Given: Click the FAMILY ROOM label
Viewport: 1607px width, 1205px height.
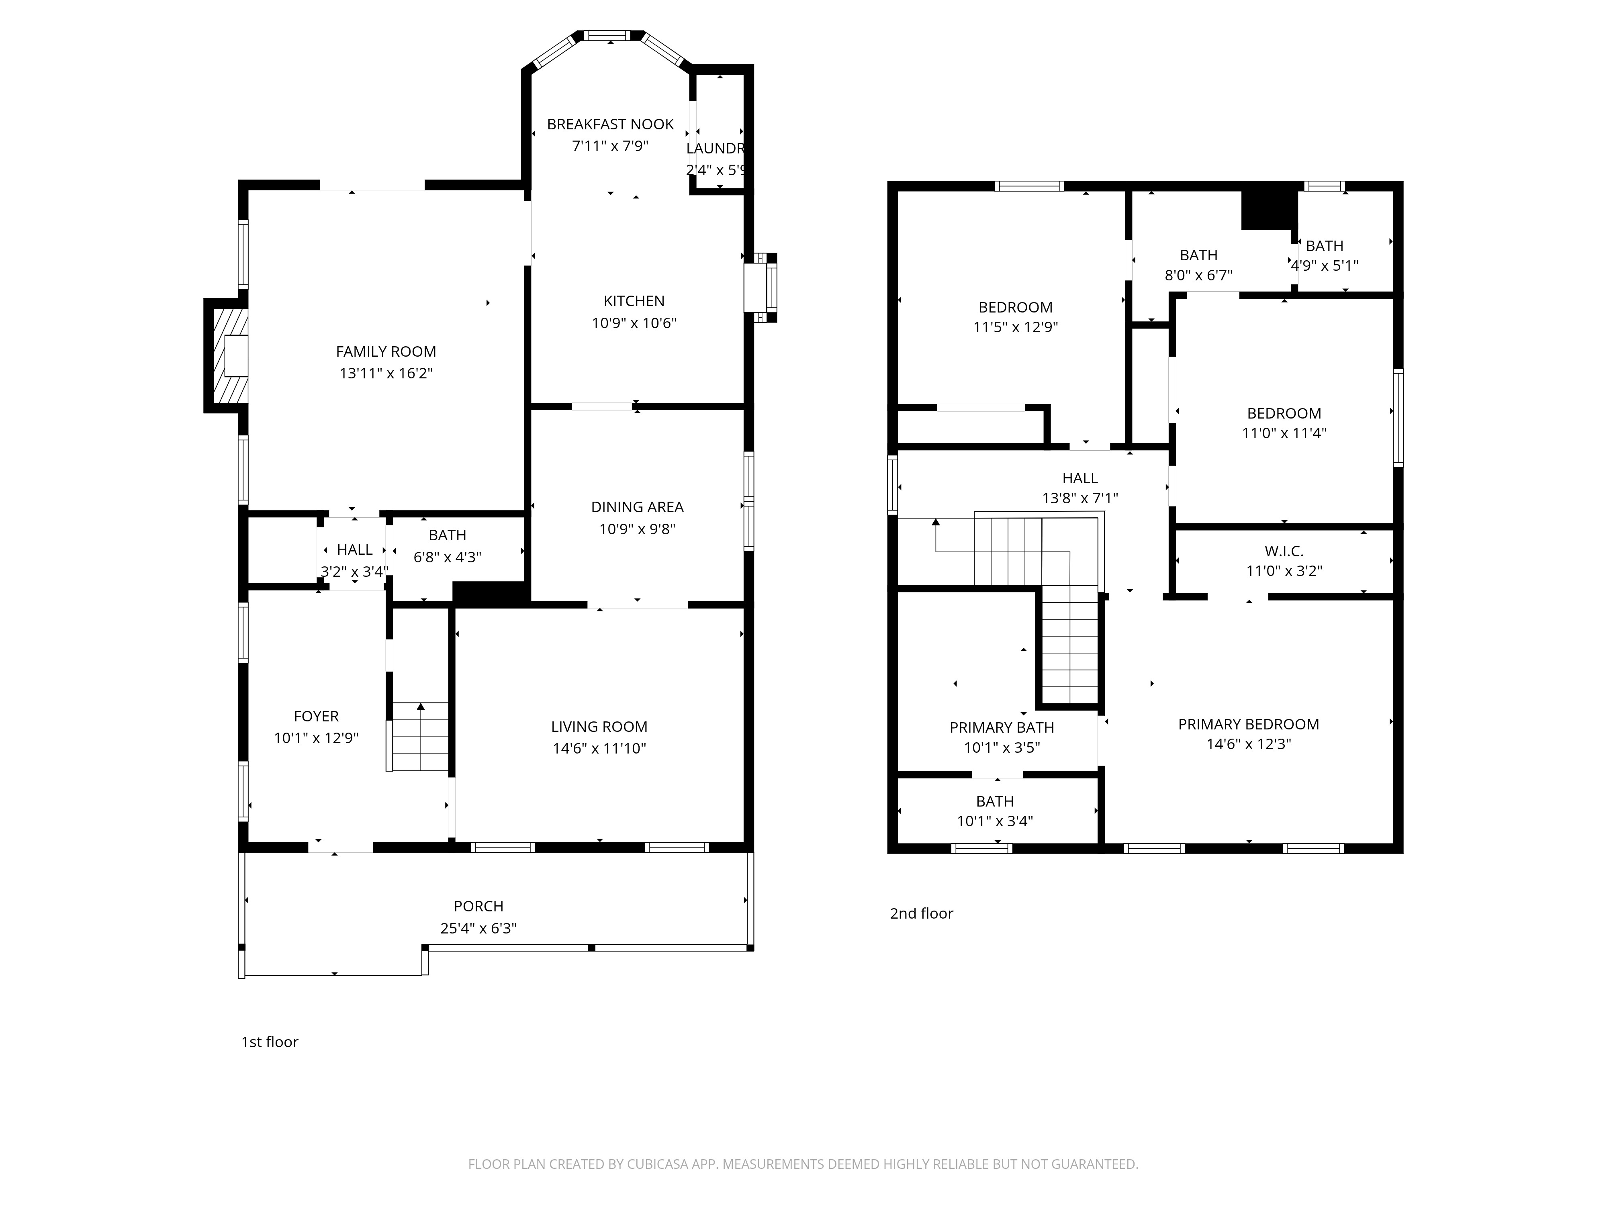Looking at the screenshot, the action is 386,351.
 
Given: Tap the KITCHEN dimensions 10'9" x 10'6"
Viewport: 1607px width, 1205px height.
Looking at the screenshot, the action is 634,323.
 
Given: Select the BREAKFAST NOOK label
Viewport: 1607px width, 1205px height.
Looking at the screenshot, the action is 610,124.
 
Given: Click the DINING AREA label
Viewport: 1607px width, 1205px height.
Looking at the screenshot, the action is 637,507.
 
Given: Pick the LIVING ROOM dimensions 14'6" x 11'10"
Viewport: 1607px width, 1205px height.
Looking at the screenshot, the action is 599,748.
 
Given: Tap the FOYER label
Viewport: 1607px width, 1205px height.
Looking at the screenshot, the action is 316,716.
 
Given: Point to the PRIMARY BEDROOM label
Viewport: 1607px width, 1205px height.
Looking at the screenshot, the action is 1248,724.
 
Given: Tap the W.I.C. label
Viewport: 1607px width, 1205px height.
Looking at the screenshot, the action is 1284,551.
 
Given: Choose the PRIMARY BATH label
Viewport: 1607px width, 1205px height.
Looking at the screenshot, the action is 1002,727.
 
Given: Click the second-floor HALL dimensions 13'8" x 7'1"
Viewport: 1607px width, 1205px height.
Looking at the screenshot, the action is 1080,498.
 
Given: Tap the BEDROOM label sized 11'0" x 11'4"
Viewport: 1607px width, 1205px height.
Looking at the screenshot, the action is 1284,413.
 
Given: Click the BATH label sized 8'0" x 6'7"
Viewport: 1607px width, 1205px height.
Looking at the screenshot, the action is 1199,255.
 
